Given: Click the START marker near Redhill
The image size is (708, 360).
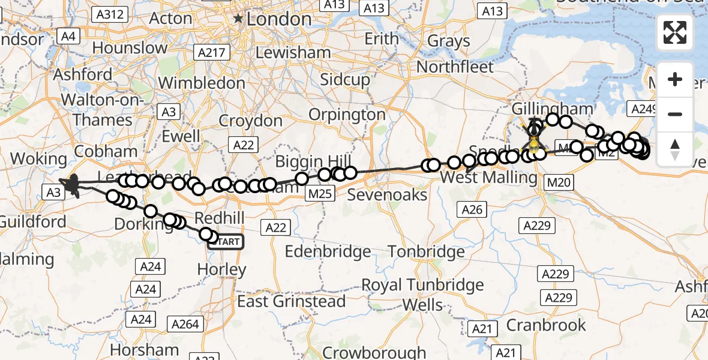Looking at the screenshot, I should click(x=226, y=242).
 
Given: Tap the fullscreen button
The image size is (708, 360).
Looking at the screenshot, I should click(x=675, y=32).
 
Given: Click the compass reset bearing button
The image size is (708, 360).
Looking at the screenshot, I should click(x=675, y=150).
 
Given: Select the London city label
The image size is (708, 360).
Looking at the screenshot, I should click(x=278, y=19).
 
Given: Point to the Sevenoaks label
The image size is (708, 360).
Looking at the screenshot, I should click(x=387, y=195).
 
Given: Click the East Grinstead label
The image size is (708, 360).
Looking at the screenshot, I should click(x=292, y=301).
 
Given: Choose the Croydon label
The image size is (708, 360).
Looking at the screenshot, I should click(x=250, y=121).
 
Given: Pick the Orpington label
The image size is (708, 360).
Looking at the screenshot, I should click(x=347, y=114).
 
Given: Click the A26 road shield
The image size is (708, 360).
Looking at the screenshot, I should click(x=472, y=209).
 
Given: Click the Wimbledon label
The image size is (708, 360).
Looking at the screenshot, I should click(x=202, y=82).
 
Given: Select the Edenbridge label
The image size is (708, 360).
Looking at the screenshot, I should click(x=327, y=252).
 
